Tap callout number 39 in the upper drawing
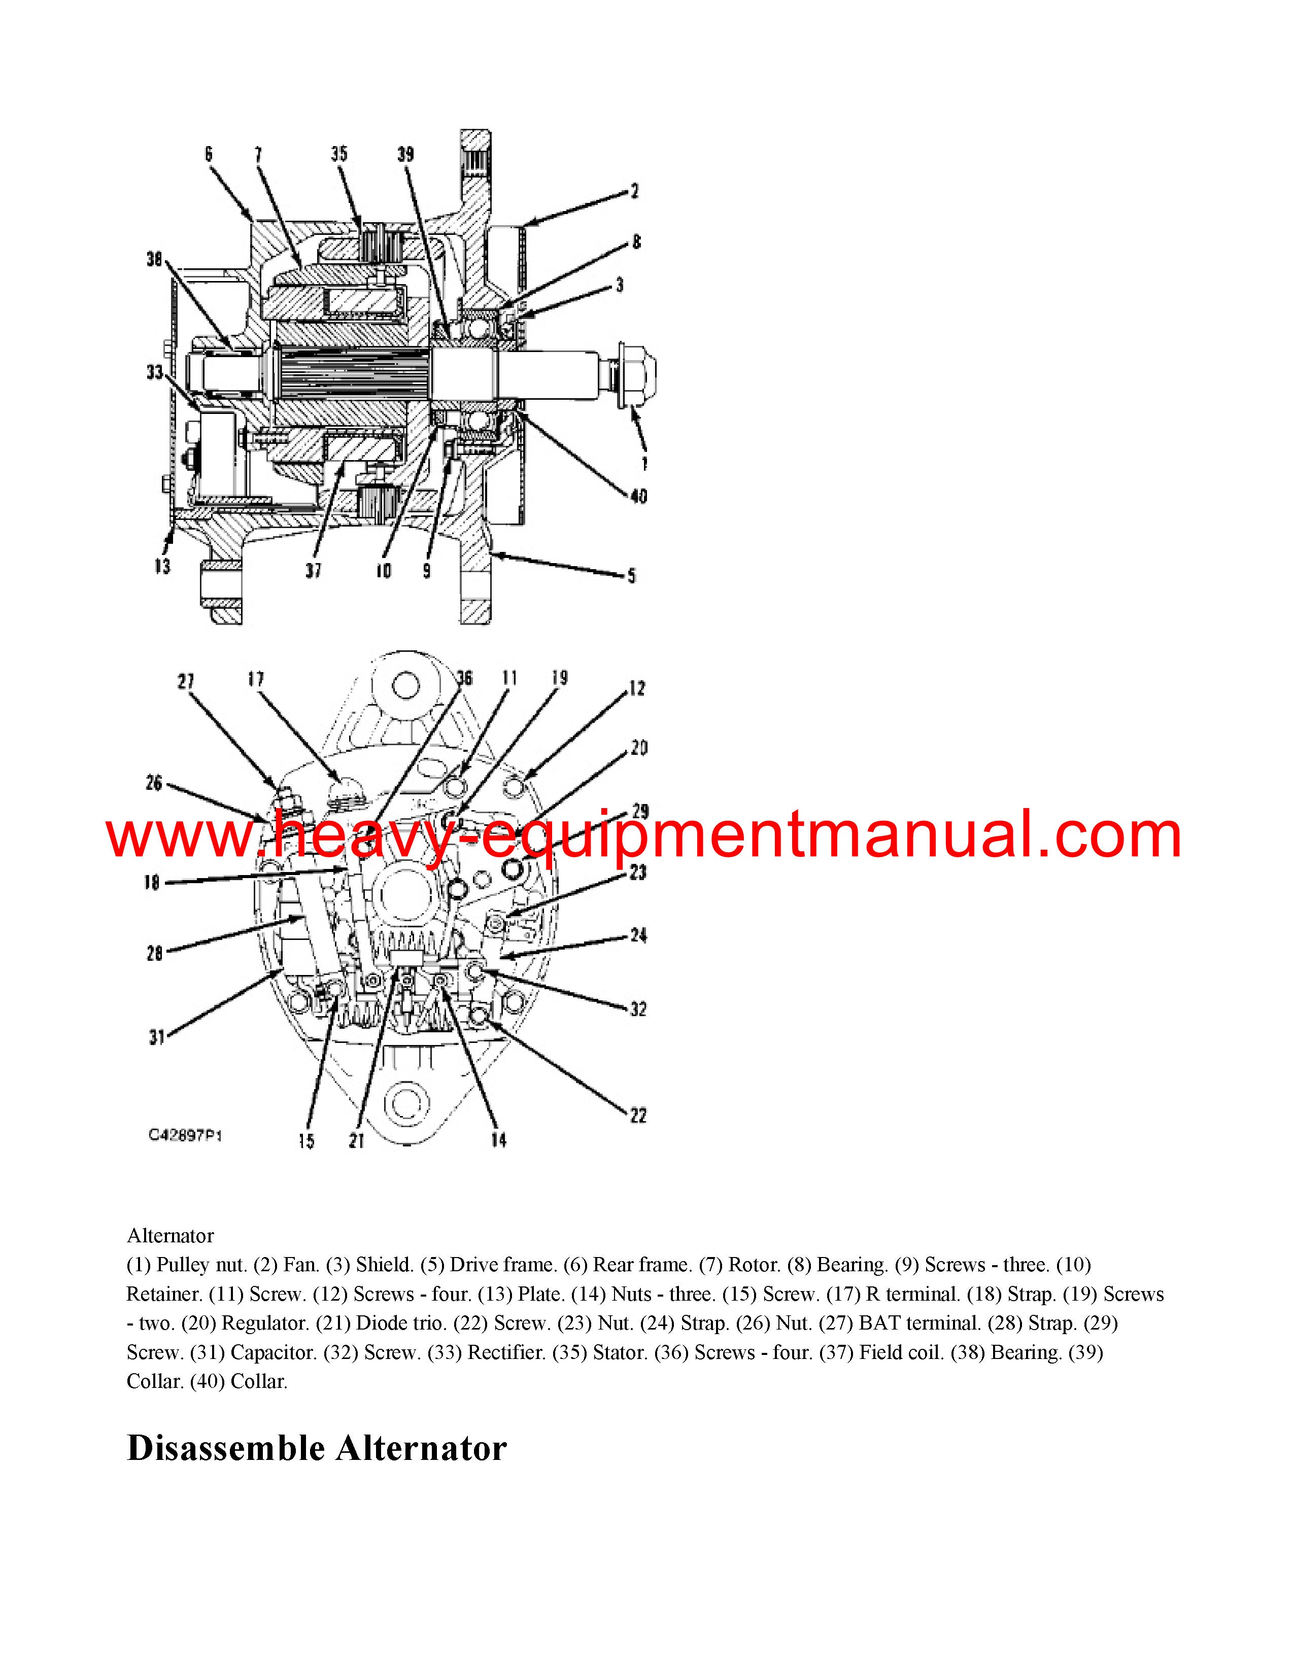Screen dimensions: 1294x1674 click(405, 154)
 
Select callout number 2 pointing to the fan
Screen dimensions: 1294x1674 click(635, 191)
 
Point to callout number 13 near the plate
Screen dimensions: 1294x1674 click(162, 567)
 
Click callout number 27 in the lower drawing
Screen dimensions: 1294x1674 click(186, 681)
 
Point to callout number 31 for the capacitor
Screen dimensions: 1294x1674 click(156, 1038)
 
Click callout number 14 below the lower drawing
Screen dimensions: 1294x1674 click(498, 1140)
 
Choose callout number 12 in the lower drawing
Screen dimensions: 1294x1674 click(637, 688)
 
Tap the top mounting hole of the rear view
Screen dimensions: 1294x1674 click(404, 684)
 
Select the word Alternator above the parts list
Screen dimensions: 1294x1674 click(170, 1236)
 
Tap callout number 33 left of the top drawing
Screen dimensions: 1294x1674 click(155, 372)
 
